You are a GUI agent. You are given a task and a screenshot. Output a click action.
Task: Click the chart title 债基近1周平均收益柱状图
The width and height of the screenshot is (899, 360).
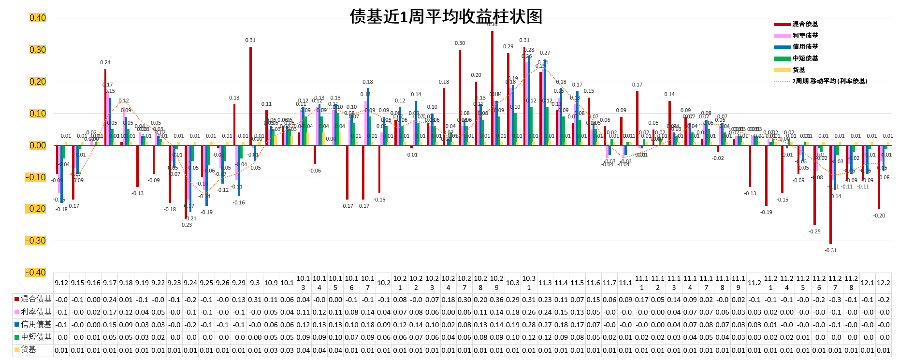(x=446, y=16)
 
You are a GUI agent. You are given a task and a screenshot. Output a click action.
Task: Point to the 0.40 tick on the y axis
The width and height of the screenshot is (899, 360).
(x=38, y=18)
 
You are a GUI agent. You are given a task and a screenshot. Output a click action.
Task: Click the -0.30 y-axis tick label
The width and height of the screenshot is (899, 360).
(x=36, y=241)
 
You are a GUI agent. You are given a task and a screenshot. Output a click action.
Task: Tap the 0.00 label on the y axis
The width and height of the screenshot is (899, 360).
(x=38, y=145)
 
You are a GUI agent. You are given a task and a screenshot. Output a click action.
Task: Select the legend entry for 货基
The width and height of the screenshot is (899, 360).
(x=798, y=70)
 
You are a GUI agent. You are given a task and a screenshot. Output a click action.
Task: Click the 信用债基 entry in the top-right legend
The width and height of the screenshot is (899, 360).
(x=805, y=47)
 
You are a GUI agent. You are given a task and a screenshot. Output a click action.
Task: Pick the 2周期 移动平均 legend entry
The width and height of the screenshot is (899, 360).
(x=829, y=81)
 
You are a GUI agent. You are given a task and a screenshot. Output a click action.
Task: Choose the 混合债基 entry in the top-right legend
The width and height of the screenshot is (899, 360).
(x=805, y=24)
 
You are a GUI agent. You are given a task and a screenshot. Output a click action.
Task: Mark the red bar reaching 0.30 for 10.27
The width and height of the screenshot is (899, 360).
(x=460, y=97)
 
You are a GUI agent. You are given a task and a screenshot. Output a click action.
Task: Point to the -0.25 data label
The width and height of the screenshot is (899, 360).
(x=814, y=231)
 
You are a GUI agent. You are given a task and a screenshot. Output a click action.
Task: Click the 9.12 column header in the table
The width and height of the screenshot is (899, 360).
(x=61, y=283)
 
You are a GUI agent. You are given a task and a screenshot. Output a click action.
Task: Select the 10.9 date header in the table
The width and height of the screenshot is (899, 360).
(x=271, y=283)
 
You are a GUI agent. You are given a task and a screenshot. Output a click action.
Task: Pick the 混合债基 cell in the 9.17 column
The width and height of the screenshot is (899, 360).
(x=110, y=300)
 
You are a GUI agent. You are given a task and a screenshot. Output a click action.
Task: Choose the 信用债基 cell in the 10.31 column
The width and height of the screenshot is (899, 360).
(x=529, y=325)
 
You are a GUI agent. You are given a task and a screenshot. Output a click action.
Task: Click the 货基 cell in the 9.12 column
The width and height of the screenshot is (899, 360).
(x=61, y=350)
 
